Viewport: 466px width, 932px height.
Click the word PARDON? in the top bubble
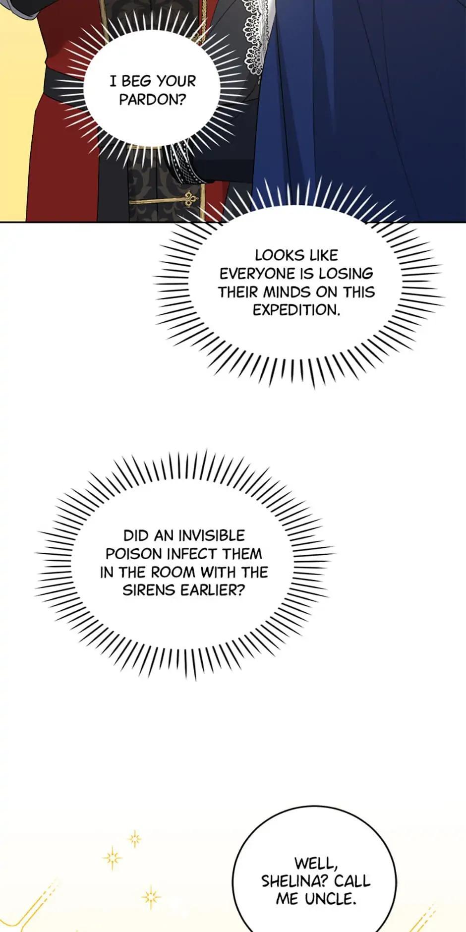(153, 100)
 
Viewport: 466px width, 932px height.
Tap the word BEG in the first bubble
(136, 81)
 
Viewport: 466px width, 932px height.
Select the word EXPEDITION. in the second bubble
(296, 310)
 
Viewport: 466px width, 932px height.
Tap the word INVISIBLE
(211, 535)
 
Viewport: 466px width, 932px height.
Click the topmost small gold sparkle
(134, 839)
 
